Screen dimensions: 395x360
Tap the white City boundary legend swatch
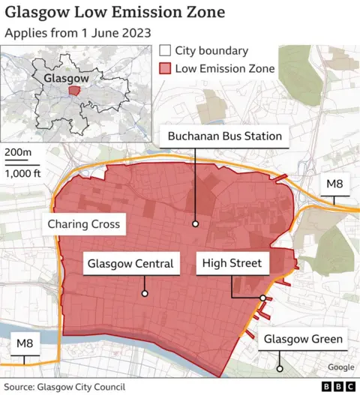(x=165, y=52)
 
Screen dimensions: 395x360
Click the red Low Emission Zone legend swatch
(x=165, y=69)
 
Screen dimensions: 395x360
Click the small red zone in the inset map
(x=73, y=89)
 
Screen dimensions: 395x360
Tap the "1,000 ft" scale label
(x=22, y=173)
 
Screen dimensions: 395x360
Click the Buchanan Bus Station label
(x=225, y=136)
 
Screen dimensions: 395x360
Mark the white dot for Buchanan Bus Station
(x=195, y=223)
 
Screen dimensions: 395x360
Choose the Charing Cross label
(x=83, y=224)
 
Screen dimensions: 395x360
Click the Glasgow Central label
(x=130, y=263)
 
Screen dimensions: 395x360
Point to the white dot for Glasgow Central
(x=144, y=294)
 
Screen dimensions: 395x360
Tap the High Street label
(x=231, y=263)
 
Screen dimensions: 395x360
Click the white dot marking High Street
(x=262, y=298)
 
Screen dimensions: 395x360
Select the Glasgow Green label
(x=303, y=340)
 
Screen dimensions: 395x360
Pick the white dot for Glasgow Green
(x=279, y=368)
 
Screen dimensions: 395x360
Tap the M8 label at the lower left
(x=25, y=343)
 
